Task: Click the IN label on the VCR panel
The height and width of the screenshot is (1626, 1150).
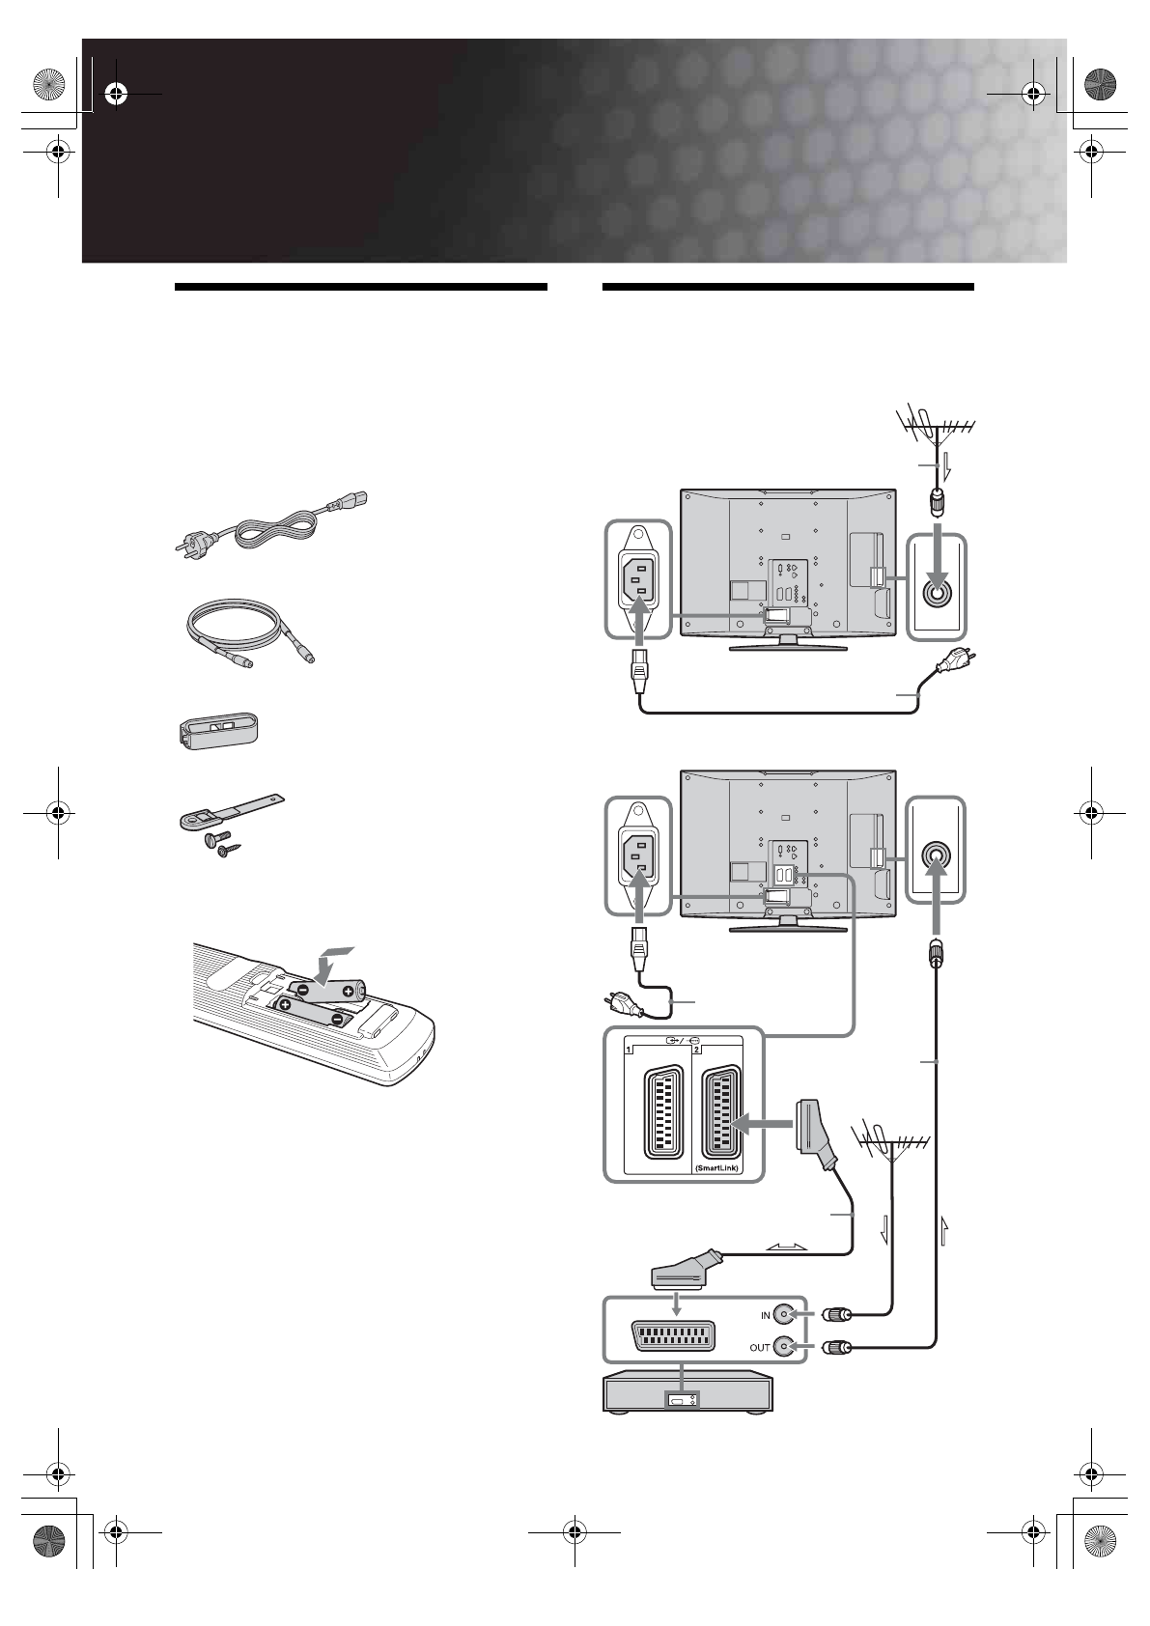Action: (766, 1315)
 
